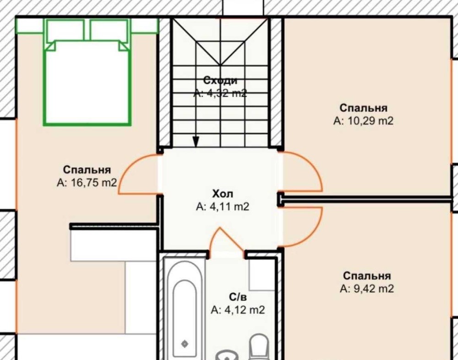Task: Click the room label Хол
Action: pyautogui.click(x=223, y=194)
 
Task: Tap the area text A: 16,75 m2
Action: pyautogui.click(x=87, y=183)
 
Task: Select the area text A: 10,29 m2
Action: pyautogui.click(x=363, y=120)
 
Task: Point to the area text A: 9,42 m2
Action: pyautogui.click(x=367, y=289)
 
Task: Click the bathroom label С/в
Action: pyautogui.click(x=238, y=297)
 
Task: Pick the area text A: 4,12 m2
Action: pyautogui.click(x=238, y=310)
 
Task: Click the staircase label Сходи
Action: pyautogui.click(x=220, y=80)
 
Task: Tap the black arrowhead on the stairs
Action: pyautogui.click(x=196, y=142)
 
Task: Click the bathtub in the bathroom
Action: pyautogui.click(x=184, y=308)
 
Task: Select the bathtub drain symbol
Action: pyautogui.click(x=185, y=344)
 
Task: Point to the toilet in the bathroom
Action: pyautogui.click(x=259, y=348)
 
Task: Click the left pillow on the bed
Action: pyautogui.click(x=65, y=30)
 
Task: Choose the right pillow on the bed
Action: pyautogui.click(x=109, y=30)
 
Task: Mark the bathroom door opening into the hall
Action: pyautogui.click(x=226, y=238)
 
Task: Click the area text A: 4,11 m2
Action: pyautogui.click(x=223, y=207)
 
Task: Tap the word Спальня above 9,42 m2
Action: pyautogui.click(x=367, y=276)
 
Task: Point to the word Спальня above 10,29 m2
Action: pyautogui.click(x=363, y=108)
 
